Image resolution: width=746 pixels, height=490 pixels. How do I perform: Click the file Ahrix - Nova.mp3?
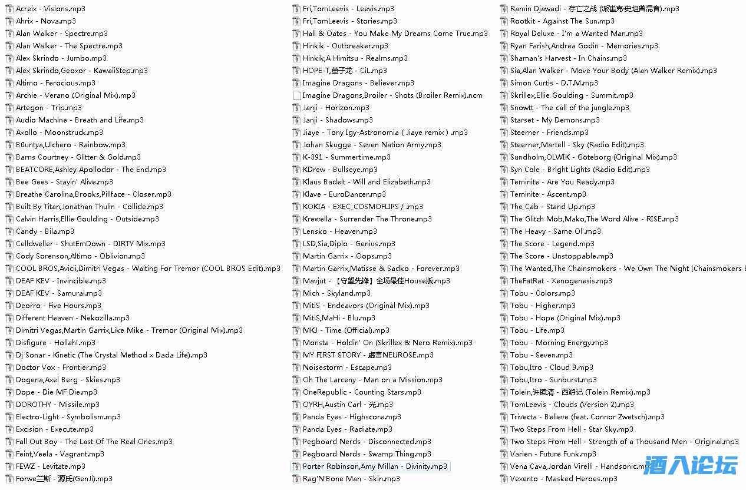point(45,21)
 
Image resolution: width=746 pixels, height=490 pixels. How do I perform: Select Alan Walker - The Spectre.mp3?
point(69,46)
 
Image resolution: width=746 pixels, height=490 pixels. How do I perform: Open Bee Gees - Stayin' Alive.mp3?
point(64,182)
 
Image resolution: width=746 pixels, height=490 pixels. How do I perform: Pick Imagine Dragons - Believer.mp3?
point(358,83)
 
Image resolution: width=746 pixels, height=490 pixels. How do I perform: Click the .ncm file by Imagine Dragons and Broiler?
point(392,95)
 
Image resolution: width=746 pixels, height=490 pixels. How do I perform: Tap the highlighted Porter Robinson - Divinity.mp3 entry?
point(375,466)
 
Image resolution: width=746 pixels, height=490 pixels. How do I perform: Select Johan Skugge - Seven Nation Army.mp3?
point(372,145)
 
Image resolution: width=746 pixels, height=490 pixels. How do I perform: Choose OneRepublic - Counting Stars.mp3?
point(362,392)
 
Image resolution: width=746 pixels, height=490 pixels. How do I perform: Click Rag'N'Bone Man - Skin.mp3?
point(351,479)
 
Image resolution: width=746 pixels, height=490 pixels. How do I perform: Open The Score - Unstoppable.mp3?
point(562,256)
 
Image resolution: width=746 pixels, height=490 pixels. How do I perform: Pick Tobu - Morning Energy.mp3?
point(559,343)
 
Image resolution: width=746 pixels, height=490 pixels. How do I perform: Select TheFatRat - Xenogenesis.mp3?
point(561,281)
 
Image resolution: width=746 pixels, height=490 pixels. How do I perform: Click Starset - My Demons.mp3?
point(554,120)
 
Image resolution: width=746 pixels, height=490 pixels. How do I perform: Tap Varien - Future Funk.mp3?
point(553,454)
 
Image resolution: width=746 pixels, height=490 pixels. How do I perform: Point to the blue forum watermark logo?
point(690,465)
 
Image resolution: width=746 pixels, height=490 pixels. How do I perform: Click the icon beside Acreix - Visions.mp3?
point(9,9)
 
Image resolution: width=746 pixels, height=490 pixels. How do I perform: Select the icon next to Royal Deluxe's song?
point(504,34)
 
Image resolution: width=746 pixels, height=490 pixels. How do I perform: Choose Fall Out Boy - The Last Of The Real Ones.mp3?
point(94,442)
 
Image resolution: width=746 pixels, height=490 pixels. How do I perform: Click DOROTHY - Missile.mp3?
point(58,405)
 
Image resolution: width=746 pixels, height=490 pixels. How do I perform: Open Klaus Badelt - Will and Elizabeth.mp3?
point(367,182)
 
